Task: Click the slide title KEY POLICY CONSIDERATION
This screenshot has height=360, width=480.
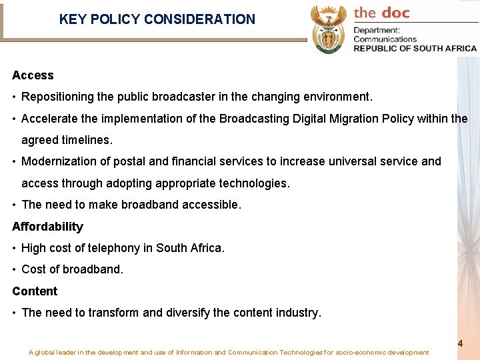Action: point(157,19)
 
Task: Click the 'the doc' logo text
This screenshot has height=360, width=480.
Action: point(381,13)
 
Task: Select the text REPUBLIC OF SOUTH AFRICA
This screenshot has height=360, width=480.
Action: point(415,48)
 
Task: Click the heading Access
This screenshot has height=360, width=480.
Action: point(33,75)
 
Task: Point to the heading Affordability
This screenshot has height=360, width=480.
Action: point(47,227)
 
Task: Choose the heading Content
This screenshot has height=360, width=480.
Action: point(35,291)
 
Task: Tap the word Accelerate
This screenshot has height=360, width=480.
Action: point(49,119)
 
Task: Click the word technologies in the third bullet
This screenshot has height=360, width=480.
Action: point(255,183)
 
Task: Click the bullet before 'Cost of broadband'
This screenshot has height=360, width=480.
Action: point(15,269)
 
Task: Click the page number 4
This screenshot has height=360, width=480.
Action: point(460,343)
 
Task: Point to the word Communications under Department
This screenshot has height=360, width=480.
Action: point(385,39)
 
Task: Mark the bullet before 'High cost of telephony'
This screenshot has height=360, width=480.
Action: point(15,248)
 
